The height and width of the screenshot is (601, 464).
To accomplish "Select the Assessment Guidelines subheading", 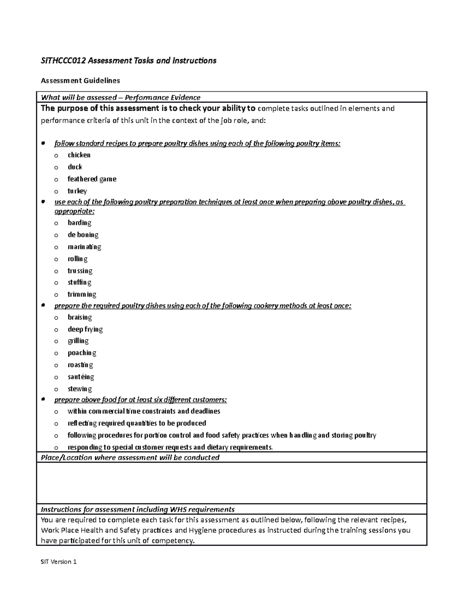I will pos(80,80).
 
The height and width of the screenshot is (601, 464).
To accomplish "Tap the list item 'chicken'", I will pos(79,155).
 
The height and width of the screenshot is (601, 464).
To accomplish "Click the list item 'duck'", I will pos(75,167).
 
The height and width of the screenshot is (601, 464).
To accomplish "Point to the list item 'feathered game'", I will pos(92,179).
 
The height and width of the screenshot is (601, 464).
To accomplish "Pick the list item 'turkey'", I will pos(77,191).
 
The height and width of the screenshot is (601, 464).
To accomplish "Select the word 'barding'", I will pos(79,223).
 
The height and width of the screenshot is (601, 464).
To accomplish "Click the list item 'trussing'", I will pos(80,271).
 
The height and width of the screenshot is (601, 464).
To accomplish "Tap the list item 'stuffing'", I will pos(79,283).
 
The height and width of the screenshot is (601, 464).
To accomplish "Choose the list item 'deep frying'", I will pos(85,329).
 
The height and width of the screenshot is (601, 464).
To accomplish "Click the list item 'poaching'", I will pos(82,353).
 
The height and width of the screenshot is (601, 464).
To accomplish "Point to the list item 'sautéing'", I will pos(80,377).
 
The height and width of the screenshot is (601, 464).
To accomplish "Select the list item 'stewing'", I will pos(80,389).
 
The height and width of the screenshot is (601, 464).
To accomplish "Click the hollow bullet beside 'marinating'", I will pos(56,247).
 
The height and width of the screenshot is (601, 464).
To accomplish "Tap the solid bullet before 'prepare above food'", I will pos(43,399).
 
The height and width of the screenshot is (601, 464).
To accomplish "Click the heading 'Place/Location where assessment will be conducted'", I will pos(130,458).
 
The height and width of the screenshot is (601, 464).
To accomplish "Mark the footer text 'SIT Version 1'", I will pos(59,562).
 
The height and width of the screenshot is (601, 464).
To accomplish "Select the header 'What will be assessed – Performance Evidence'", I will pos(121,98).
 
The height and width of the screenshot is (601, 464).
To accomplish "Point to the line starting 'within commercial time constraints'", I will pos(144,411).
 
